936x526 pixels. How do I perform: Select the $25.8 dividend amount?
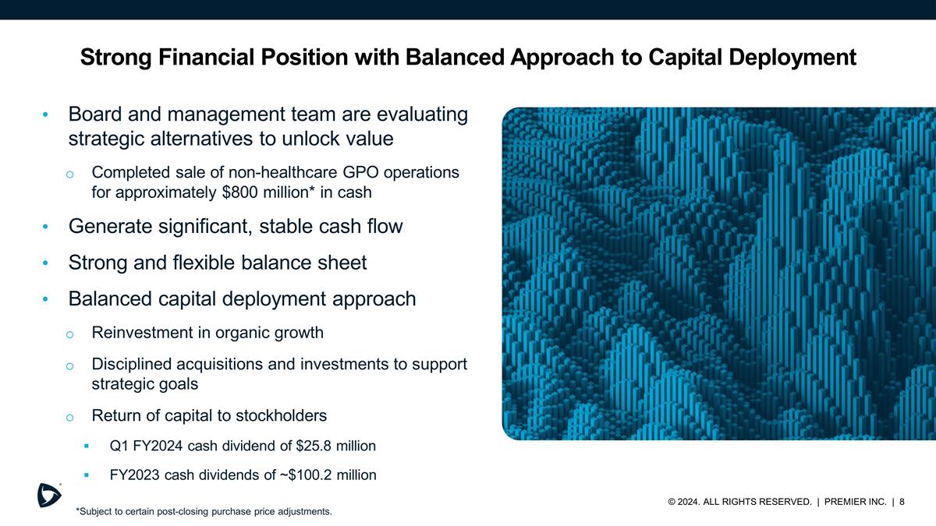[316, 447]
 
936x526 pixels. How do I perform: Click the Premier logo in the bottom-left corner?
[49, 495]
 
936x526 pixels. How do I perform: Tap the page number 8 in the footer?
[902, 502]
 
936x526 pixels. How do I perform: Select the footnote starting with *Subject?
[204, 512]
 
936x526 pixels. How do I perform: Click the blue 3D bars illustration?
[718, 273]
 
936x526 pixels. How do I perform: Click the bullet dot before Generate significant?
[46, 228]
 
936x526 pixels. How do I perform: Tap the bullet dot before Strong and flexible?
[46, 263]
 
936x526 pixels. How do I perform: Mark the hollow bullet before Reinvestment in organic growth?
[69, 334]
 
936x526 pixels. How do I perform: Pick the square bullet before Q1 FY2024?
[87, 447]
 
